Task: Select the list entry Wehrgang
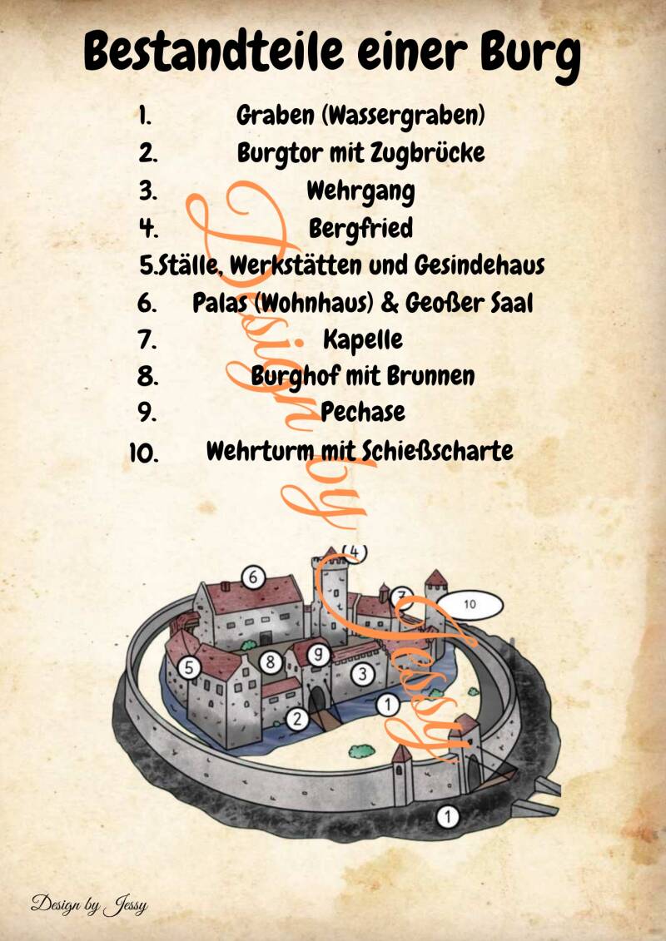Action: click(x=360, y=191)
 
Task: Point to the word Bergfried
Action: click(x=361, y=228)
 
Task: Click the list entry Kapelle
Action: click(x=363, y=339)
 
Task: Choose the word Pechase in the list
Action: click(x=363, y=412)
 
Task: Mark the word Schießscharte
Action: click(x=437, y=450)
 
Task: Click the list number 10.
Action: click(x=144, y=453)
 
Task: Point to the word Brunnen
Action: click(x=430, y=376)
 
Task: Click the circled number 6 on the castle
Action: click(x=253, y=577)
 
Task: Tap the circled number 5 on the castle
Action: click(x=189, y=667)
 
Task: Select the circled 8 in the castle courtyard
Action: click(x=271, y=662)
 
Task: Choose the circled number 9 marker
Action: click(x=319, y=654)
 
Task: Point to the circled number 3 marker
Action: click(x=362, y=674)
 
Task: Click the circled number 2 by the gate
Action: click(x=296, y=718)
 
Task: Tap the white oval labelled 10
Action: click(x=470, y=605)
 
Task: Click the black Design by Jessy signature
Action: click(x=89, y=904)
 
